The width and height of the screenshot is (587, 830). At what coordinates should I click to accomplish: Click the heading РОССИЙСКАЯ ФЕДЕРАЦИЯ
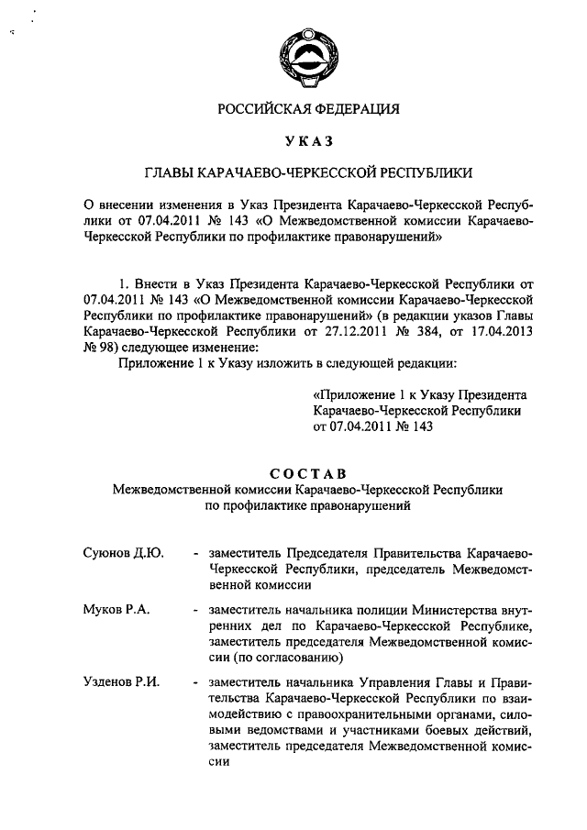click(308, 109)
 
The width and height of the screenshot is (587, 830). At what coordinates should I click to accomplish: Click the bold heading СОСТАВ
click(308, 473)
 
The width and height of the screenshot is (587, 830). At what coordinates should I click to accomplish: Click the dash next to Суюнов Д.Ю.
click(196, 553)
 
